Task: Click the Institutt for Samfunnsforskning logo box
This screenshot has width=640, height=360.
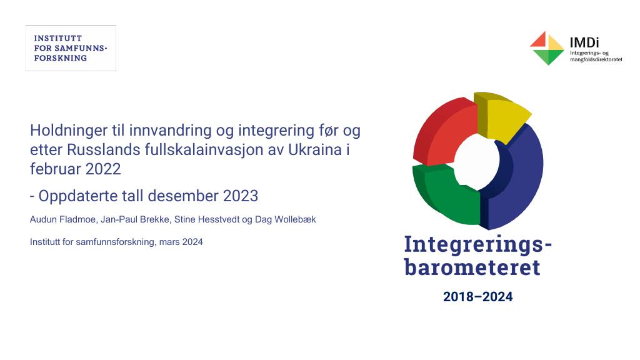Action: point(71,48)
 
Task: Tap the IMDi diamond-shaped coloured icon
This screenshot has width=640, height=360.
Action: point(547,48)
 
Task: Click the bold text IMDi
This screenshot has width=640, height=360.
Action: point(584,42)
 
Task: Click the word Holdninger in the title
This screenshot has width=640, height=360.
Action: point(69,131)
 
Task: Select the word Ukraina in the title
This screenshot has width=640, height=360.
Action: point(315,150)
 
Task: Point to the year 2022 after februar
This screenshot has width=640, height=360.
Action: point(103,169)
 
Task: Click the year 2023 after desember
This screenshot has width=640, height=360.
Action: point(241,196)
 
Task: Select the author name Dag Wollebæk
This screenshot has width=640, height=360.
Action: point(285,219)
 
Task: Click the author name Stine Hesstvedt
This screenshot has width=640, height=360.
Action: point(207,219)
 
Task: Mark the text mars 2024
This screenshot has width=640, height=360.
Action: point(181,242)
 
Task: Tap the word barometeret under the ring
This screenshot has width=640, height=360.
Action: point(472,267)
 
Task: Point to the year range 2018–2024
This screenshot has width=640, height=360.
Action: point(478,297)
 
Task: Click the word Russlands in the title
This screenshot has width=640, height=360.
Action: point(104,150)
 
